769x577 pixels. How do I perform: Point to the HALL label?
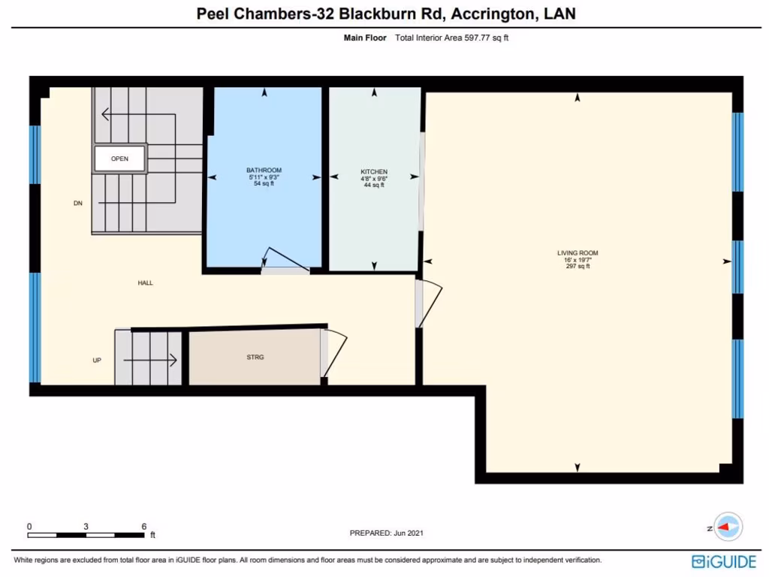pos(145,283)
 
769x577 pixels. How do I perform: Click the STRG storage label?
pos(255,358)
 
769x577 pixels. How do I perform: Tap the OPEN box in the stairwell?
pos(119,159)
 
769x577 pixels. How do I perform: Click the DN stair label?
pos(77,204)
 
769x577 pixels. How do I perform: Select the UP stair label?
pos(96,361)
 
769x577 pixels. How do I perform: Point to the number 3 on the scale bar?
pos(86,526)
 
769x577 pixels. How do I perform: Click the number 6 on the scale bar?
pos(143,526)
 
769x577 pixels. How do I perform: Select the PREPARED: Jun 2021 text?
pos(387,533)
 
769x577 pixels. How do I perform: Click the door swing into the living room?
pos(430,304)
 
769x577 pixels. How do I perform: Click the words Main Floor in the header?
pos(365,37)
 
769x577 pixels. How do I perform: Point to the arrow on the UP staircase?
pos(150,361)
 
